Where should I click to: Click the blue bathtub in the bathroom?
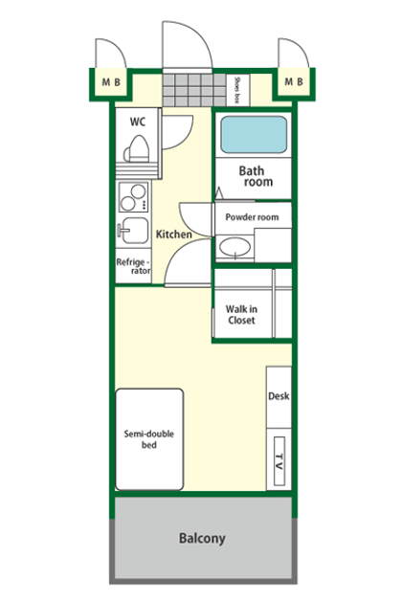[x=254, y=135]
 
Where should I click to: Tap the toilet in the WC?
[x=137, y=149]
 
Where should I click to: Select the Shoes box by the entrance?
[x=237, y=90]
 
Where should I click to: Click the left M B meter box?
[x=111, y=82]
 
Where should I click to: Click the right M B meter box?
[x=294, y=81]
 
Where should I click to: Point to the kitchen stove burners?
[x=133, y=197]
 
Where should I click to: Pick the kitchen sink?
[x=133, y=231]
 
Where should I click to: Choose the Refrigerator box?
[x=133, y=266]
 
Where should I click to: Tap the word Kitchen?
[x=174, y=234]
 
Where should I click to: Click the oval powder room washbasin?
[x=234, y=247]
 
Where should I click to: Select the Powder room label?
[x=252, y=217]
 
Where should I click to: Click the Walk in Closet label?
[x=241, y=315]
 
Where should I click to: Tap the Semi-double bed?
[x=149, y=439]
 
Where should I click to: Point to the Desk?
[x=279, y=397]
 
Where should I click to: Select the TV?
[x=279, y=461]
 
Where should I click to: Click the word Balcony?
[x=202, y=538]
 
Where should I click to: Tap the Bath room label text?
[x=256, y=176]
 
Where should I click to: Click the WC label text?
[x=137, y=122]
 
